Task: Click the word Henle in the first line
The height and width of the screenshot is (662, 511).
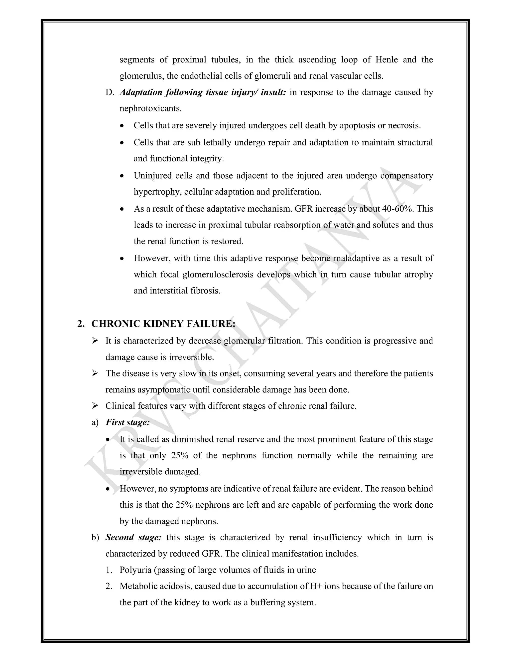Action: tap(386, 60)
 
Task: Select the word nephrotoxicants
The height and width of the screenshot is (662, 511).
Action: tap(150, 108)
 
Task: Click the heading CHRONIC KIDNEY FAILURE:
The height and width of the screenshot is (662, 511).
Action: tap(163, 324)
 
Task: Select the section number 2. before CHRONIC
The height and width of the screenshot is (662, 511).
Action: tap(81, 324)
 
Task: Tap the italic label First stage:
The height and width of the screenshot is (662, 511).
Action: tap(128, 422)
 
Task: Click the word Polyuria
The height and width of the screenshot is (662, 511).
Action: tap(135, 570)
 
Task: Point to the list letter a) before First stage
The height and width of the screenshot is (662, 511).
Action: tap(95, 422)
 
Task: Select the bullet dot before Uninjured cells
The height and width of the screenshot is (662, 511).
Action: tap(122, 176)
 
